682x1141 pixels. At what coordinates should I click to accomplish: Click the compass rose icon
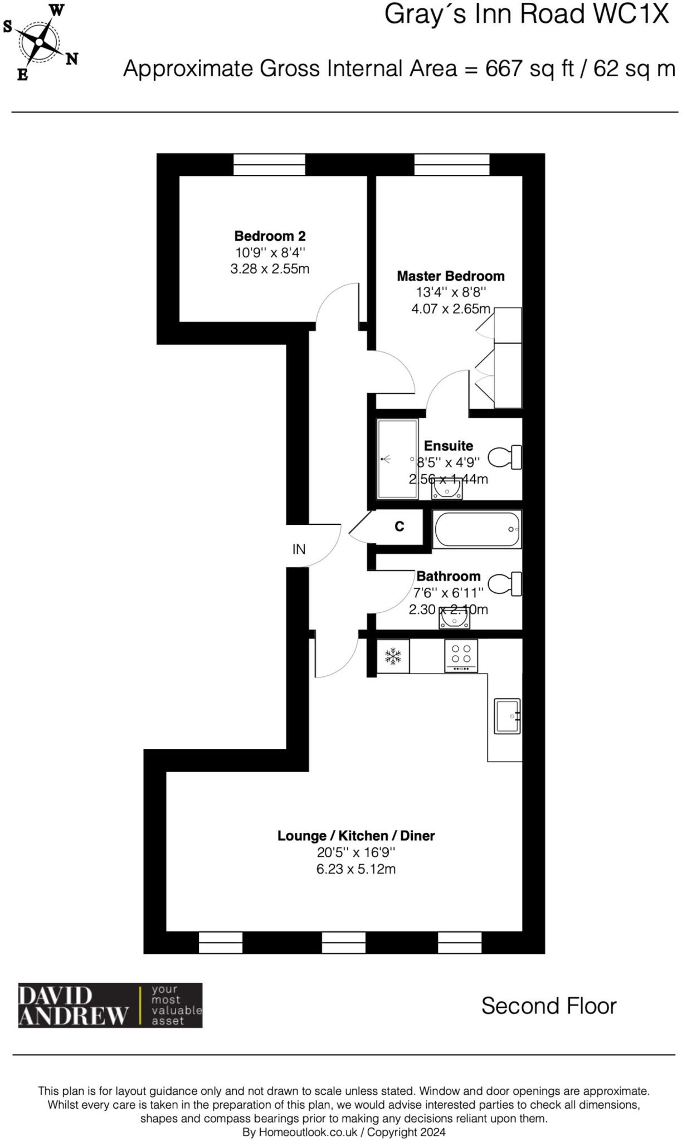[40, 42]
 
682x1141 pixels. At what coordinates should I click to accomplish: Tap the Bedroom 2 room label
[270, 236]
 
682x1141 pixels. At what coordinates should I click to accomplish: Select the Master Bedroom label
[450, 276]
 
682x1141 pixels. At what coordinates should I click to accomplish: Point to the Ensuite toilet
[505, 457]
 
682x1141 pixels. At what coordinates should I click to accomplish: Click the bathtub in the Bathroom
[477, 529]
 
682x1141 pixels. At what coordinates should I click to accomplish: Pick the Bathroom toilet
[505, 584]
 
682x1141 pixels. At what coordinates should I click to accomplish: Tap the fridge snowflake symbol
[393, 656]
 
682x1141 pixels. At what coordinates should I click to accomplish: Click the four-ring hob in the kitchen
[461, 655]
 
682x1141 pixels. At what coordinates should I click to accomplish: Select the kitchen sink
[507, 716]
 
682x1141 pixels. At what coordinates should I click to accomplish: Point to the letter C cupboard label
[400, 526]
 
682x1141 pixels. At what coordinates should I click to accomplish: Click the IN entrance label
[299, 549]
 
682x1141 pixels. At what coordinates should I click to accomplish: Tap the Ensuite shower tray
[397, 459]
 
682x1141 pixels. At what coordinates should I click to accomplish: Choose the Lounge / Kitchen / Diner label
[356, 836]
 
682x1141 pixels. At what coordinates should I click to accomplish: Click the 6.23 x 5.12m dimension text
[356, 869]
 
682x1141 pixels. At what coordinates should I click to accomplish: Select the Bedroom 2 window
[269, 164]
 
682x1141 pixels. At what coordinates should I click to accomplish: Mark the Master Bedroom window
[451, 164]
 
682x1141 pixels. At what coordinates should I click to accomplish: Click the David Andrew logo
[110, 1005]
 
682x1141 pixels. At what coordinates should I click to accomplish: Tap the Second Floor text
[549, 1006]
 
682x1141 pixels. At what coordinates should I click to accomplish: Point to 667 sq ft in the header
[529, 69]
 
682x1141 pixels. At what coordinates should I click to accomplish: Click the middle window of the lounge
[344, 943]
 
